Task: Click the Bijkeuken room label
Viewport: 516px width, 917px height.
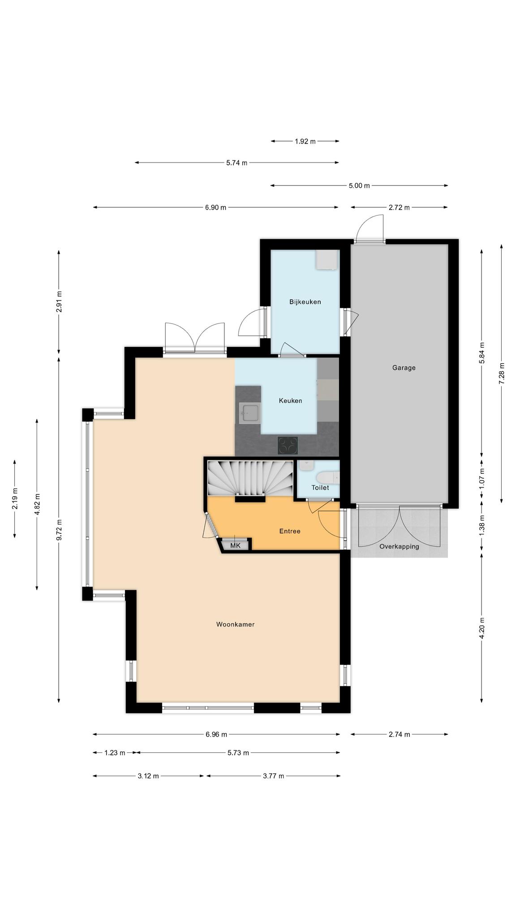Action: coord(305,302)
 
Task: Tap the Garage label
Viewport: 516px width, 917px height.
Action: coord(404,368)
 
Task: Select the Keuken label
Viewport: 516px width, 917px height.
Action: coord(290,401)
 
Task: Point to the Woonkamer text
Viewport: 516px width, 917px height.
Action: coord(235,624)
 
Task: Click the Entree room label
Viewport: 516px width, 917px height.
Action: coord(289,531)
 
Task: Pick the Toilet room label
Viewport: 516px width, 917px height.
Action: coord(320,488)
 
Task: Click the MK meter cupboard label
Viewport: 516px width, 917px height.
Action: coord(235,545)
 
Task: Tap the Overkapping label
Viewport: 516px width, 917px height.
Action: coord(399,547)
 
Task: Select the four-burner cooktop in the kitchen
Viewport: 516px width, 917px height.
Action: coord(288,446)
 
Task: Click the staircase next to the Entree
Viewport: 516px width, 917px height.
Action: coord(250,478)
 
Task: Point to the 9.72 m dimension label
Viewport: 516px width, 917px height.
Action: coord(59,530)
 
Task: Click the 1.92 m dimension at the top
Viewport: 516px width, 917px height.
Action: coord(305,141)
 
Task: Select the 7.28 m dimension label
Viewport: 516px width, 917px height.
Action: coord(501,373)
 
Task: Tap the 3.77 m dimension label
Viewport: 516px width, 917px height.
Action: coord(273,776)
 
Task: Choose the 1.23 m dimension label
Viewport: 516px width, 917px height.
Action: coord(115,753)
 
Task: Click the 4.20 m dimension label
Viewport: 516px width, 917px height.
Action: coord(482,628)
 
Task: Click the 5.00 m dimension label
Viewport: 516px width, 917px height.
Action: coord(359,185)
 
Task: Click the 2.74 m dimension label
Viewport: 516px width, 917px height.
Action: coord(399,734)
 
